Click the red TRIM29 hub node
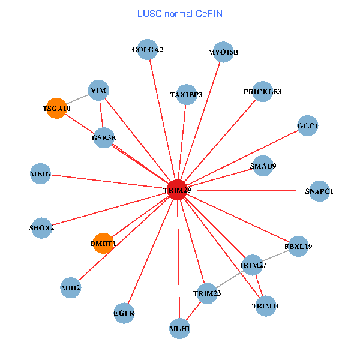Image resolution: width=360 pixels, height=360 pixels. (x=177, y=190)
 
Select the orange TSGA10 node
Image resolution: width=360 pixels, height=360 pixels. (x=56, y=109)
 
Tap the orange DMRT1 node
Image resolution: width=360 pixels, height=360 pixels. (x=103, y=243)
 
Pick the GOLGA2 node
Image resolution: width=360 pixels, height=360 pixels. (x=148, y=50)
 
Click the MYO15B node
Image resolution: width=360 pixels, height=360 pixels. (x=223, y=52)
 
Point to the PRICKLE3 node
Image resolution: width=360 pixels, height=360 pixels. (x=262, y=92)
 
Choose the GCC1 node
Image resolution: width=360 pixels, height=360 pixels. (x=307, y=126)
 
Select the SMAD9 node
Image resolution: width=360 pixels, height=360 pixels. (x=263, y=166)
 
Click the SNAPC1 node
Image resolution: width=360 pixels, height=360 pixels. (x=318, y=191)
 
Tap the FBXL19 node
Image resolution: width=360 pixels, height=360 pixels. (x=298, y=246)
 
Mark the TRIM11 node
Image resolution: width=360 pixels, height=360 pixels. (x=265, y=305)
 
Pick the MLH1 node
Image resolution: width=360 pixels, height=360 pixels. (x=180, y=328)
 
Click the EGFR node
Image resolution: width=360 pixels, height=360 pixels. (x=124, y=313)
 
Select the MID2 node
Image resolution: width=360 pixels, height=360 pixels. (x=71, y=288)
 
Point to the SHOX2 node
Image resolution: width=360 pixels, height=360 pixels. (x=41, y=228)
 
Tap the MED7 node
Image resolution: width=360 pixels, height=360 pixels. (x=41, y=175)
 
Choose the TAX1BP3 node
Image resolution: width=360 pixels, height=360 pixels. (x=187, y=94)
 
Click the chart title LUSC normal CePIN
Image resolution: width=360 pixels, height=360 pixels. (x=180, y=13)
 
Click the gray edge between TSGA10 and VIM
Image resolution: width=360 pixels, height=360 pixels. (x=77, y=100)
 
